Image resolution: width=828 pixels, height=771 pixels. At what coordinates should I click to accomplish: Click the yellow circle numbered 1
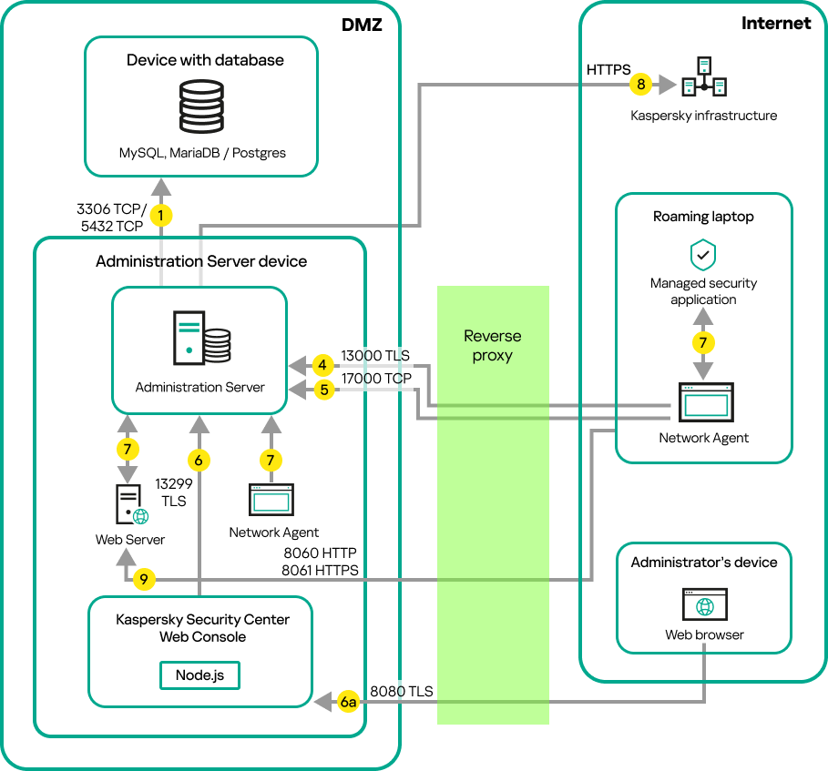[161, 216]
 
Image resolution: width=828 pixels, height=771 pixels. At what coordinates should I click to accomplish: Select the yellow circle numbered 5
[322, 391]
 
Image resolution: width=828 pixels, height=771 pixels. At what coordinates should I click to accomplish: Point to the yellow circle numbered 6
[198, 461]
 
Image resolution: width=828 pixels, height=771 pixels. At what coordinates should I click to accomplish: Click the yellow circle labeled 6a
[348, 702]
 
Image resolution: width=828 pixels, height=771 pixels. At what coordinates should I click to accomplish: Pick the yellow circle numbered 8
[641, 85]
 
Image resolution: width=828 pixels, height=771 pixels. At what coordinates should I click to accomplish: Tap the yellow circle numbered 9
[142, 579]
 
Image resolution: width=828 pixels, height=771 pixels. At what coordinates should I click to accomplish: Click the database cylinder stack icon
[201, 107]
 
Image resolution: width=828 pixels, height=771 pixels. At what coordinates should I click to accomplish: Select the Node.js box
[200, 675]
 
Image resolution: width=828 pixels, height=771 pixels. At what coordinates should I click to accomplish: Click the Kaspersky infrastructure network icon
[704, 78]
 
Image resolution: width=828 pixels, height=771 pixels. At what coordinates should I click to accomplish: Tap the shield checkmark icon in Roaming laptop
[703, 255]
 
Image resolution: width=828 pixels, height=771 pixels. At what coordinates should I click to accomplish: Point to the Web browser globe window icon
[703, 605]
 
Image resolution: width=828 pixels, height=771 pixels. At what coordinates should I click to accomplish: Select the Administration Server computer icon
[200, 337]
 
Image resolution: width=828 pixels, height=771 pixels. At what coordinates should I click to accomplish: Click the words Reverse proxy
[493, 345]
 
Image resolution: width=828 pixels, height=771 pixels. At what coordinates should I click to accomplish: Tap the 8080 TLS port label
[401, 692]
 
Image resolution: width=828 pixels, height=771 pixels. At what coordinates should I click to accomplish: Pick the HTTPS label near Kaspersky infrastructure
[608, 69]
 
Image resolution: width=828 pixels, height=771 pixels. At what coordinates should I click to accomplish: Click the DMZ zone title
[362, 25]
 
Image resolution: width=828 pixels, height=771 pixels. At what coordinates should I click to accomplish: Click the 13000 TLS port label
[375, 356]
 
